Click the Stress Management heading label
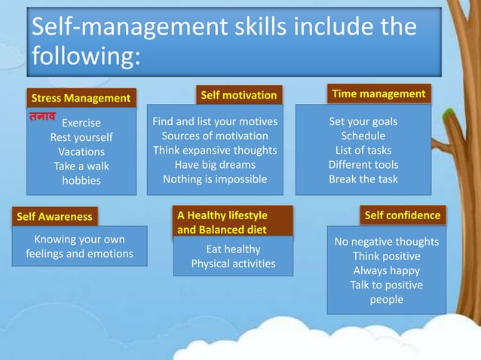click(80, 99)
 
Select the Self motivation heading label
click(238, 96)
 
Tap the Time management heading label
click(378, 94)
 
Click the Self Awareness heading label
click(55, 217)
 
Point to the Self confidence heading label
click(402, 215)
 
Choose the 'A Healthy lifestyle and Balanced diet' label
click(222, 222)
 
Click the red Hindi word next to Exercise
click(42, 118)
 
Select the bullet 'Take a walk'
click(81, 166)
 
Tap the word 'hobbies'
click(81, 181)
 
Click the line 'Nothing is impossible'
click(215, 179)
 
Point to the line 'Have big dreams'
click(215, 164)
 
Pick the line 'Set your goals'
click(363, 121)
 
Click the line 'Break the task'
click(363, 179)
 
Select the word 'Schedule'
click(363, 136)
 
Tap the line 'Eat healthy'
click(233, 249)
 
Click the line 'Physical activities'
click(233, 264)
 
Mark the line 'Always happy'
click(387, 270)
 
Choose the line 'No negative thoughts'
click(387, 242)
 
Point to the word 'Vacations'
click(81, 151)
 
